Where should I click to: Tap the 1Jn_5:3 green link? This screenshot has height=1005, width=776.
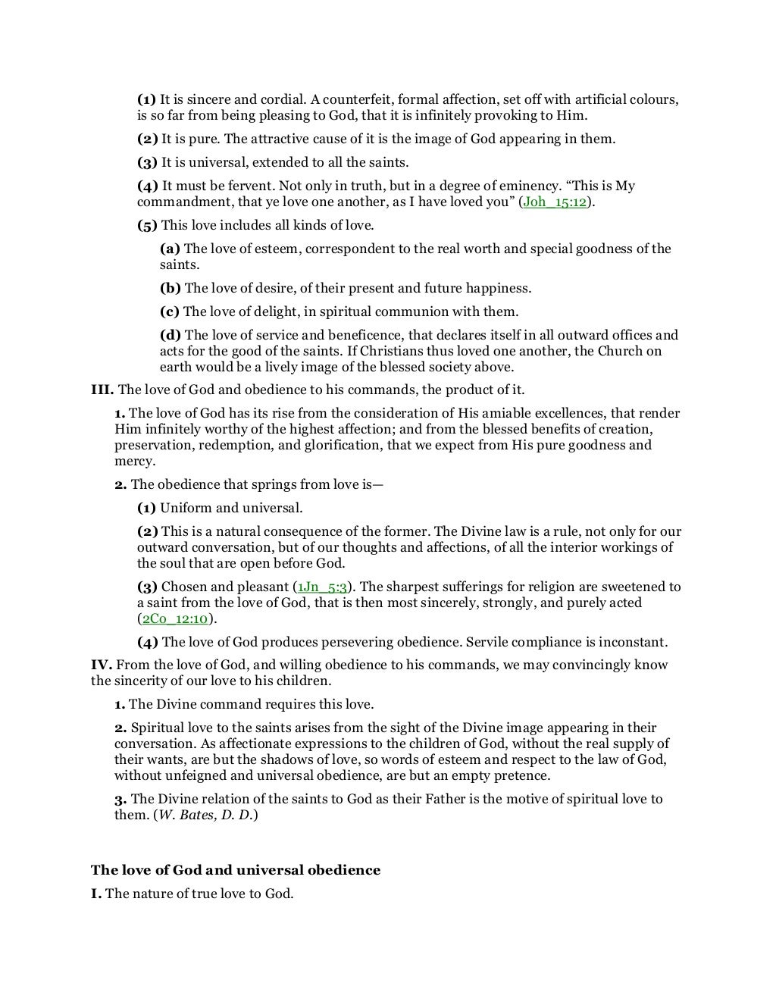coord(321,587)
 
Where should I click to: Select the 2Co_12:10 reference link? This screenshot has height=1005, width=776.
coord(174,618)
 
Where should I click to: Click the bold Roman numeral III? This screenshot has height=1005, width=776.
coord(102,390)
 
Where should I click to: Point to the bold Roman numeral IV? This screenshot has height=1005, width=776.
coord(102,665)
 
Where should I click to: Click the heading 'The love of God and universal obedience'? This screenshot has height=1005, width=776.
coord(236,870)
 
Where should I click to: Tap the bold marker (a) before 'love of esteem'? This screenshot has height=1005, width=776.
coord(170,249)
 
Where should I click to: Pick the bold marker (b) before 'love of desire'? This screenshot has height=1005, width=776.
coord(171,288)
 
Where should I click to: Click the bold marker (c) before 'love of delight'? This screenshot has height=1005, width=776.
coord(170,312)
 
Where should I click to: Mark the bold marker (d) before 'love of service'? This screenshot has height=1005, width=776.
coord(171,335)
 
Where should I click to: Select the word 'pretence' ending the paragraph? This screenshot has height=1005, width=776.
coord(522,775)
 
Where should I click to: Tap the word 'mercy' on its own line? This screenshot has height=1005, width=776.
coord(134,461)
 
